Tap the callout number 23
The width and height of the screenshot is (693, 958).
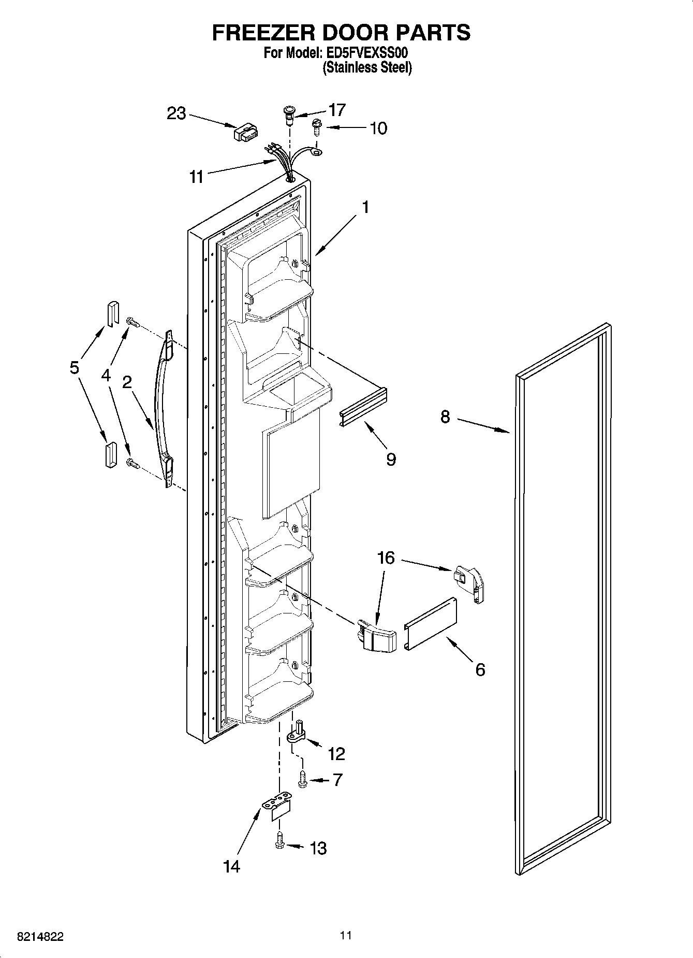(x=176, y=113)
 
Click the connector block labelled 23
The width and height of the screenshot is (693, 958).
(x=246, y=133)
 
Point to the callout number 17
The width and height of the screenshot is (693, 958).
(x=337, y=110)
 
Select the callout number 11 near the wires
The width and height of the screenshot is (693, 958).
(x=196, y=177)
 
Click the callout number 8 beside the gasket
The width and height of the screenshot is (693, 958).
(x=446, y=417)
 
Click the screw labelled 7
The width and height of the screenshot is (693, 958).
(x=303, y=779)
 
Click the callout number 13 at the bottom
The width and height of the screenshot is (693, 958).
(x=318, y=848)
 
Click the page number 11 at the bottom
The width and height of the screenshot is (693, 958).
(x=346, y=935)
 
